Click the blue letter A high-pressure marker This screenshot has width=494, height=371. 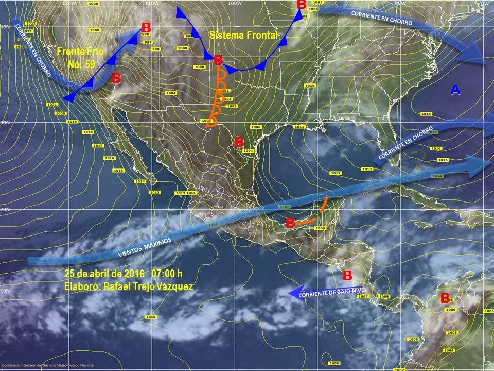(455, 90)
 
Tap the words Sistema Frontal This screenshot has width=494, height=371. (243, 35)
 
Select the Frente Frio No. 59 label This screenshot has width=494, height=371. (80, 58)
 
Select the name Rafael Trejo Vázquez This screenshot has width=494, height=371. (148, 286)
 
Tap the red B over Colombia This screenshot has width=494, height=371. (445, 298)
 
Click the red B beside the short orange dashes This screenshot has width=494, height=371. (290, 223)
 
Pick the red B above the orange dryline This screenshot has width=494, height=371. (218, 60)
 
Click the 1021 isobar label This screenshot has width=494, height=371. (52, 105)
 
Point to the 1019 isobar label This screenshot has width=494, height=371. (72, 122)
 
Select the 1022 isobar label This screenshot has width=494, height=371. (30, 24)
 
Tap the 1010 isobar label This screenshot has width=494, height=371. (150, 316)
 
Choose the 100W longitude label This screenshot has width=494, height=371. (234, 3)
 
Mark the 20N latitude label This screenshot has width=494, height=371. (5, 210)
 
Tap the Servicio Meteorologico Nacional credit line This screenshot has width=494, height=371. (50, 366)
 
